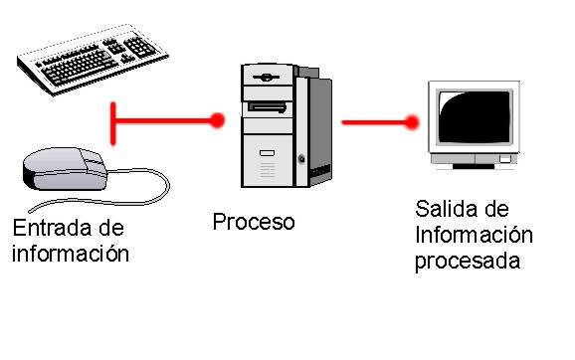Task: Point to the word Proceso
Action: coord(254,221)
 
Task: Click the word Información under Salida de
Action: coord(474,236)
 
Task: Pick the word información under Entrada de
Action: coord(71,253)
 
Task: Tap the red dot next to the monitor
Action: coord(412,123)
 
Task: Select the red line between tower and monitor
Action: coord(374,123)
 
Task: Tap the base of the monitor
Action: coord(474,161)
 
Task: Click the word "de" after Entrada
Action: coord(116,228)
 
